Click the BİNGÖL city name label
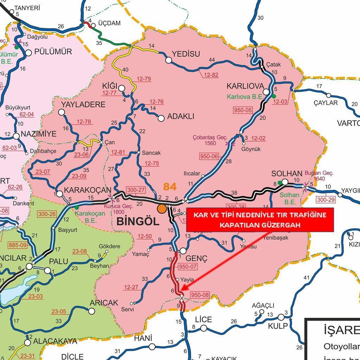click(137, 221)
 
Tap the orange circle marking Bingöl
click(162, 208)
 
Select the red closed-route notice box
click(259, 220)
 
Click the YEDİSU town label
click(186, 54)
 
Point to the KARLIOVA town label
click(245, 86)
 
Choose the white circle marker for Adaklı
click(161, 118)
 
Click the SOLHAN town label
click(287, 174)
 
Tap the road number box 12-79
click(143, 79)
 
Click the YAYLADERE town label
click(83, 105)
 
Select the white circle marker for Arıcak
click(92, 311)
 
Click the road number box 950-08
click(199, 295)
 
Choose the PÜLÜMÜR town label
click(53, 52)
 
